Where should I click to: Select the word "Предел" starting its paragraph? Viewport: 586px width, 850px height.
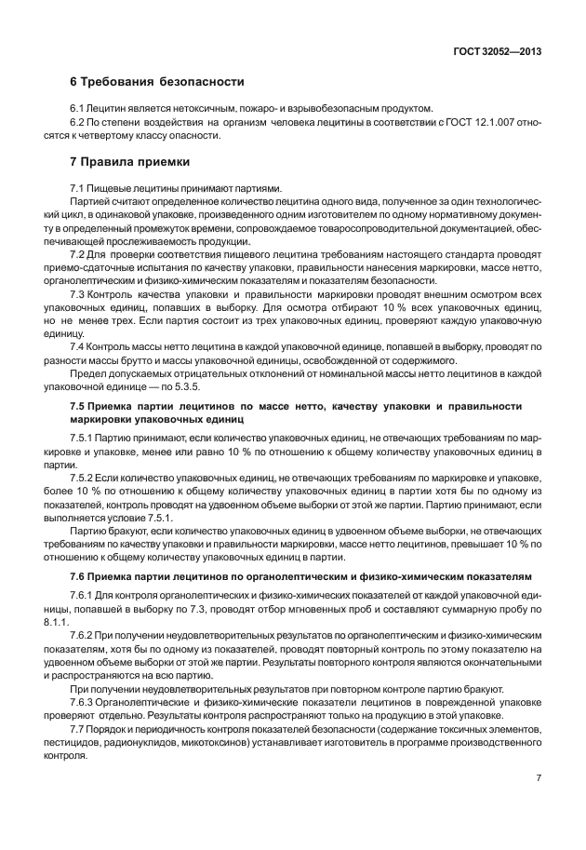click(88, 372)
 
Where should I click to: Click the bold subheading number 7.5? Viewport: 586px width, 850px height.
click(79, 406)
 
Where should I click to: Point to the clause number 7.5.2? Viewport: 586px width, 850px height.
click(84, 477)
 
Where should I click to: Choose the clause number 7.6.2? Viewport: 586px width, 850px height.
click(84, 635)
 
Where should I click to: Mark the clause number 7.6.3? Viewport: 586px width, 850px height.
click(84, 702)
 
